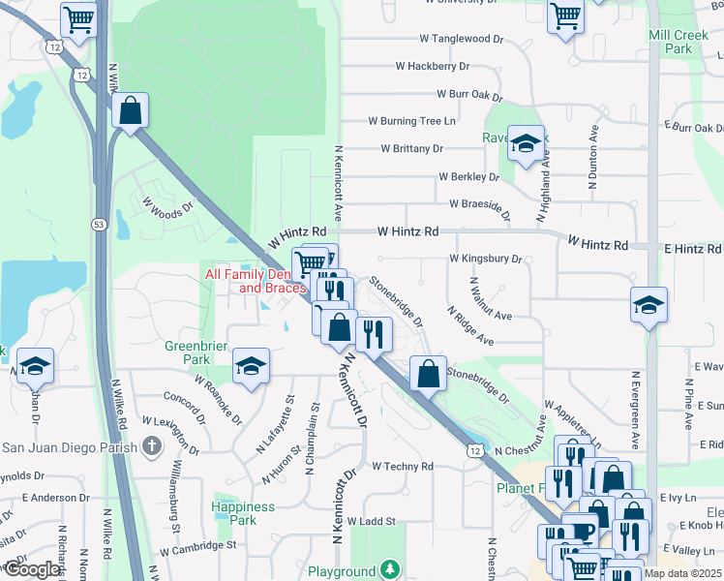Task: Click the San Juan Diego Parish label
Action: pyautogui.click(x=66, y=446)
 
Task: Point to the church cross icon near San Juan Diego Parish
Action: pyautogui.click(x=151, y=446)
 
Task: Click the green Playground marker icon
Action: pyautogui.click(x=389, y=569)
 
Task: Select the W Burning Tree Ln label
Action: pyautogui.click(x=411, y=122)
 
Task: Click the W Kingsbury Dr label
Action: pyautogui.click(x=485, y=260)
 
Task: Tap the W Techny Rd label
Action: pyautogui.click(x=402, y=467)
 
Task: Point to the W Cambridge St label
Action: pyautogui.click(x=198, y=546)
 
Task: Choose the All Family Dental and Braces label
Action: pyautogui.click(x=256, y=282)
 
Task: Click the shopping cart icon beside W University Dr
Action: pyautogui.click(x=564, y=15)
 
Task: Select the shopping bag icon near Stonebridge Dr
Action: pyautogui.click(x=427, y=373)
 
